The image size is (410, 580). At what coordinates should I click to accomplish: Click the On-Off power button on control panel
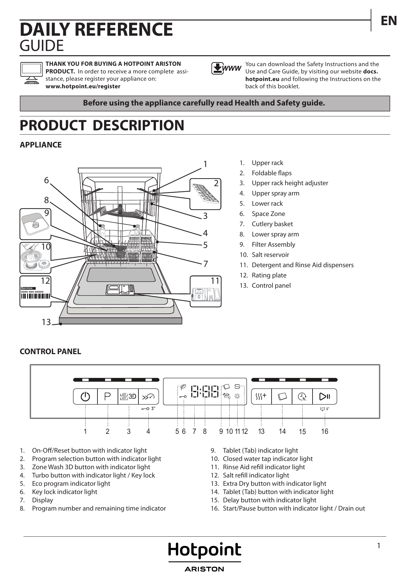click(x=85, y=396)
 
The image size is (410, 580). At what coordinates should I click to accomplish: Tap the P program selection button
click(x=108, y=396)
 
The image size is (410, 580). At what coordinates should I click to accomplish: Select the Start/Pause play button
click(x=324, y=396)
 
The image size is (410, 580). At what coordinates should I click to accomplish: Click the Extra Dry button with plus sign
click(x=261, y=396)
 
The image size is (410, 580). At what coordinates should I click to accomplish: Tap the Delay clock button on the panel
click(x=302, y=396)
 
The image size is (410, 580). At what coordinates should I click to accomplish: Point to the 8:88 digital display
click(x=205, y=392)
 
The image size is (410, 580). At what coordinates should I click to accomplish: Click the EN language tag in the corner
click(x=389, y=21)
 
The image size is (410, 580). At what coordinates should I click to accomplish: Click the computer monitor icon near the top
click(x=31, y=72)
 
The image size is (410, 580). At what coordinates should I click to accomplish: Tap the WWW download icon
click(x=226, y=68)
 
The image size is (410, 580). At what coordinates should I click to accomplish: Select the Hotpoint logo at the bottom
click(x=205, y=551)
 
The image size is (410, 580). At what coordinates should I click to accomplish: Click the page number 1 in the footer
click(x=379, y=546)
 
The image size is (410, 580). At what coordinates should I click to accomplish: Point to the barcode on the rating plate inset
click(x=35, y=296)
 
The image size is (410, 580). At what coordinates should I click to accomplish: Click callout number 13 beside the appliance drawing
click(x=46, y=322)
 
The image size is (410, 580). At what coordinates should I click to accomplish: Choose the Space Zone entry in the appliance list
click(x=268, y=214)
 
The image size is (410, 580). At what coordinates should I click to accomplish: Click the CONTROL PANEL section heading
click(x=50, y=352)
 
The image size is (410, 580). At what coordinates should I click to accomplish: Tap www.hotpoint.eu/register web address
click(x=83, y=86)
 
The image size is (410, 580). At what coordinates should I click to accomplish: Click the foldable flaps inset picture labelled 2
click(x=205, y=194)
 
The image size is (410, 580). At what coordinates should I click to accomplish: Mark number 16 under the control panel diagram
click(x=324, y=431)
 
